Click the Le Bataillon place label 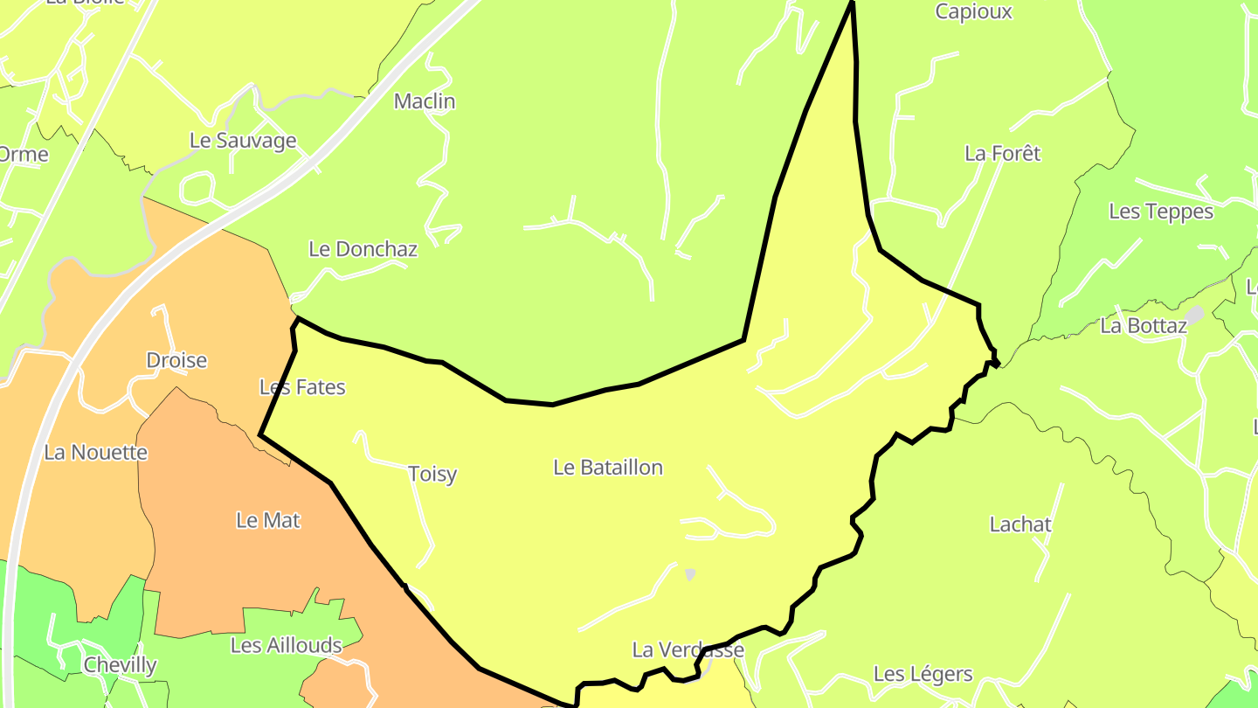point(608,468)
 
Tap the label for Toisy point(432,474)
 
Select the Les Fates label point(302,387)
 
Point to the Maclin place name point(425,101)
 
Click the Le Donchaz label point(363,249)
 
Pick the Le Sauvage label point(243,141)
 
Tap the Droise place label point(176,360)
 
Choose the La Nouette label point(95,453)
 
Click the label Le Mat point(268,520)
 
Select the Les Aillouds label point(286,645)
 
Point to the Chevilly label point(120,665)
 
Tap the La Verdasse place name point(688,650)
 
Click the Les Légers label point(923,674)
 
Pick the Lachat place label point(1020,524)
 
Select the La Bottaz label point(1144,326)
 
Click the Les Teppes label point(1161,212)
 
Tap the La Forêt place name point(1003,154)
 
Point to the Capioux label point(973,12)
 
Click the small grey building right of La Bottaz point(1194,314)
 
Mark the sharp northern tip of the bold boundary point(852,3)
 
